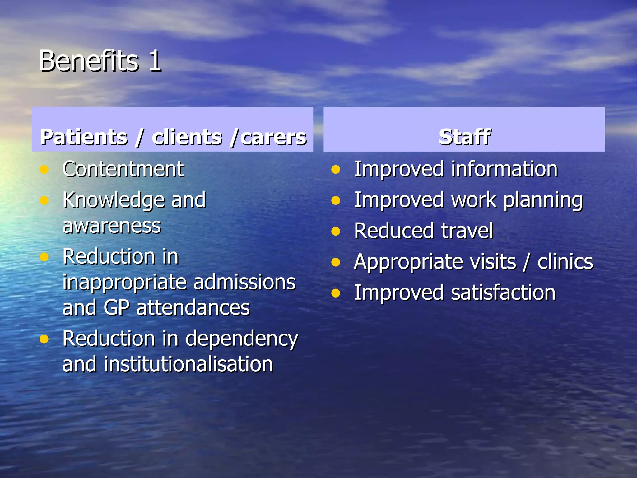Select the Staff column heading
tap(464, 137)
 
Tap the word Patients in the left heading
tap(84, 137)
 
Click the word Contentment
tap(123, 169)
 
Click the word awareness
tap(112, 226)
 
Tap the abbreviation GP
tap(116, 308)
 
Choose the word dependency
tap(242, 339)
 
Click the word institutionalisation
tap(188, 364)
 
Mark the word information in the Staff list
tap(504, 169)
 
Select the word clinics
tap(565, 262)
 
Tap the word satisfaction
tap(503, 293)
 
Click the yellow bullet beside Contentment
tap(44, 170)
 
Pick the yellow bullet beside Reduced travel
tap(336, 232)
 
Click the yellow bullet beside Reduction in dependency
tap(44, 339)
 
